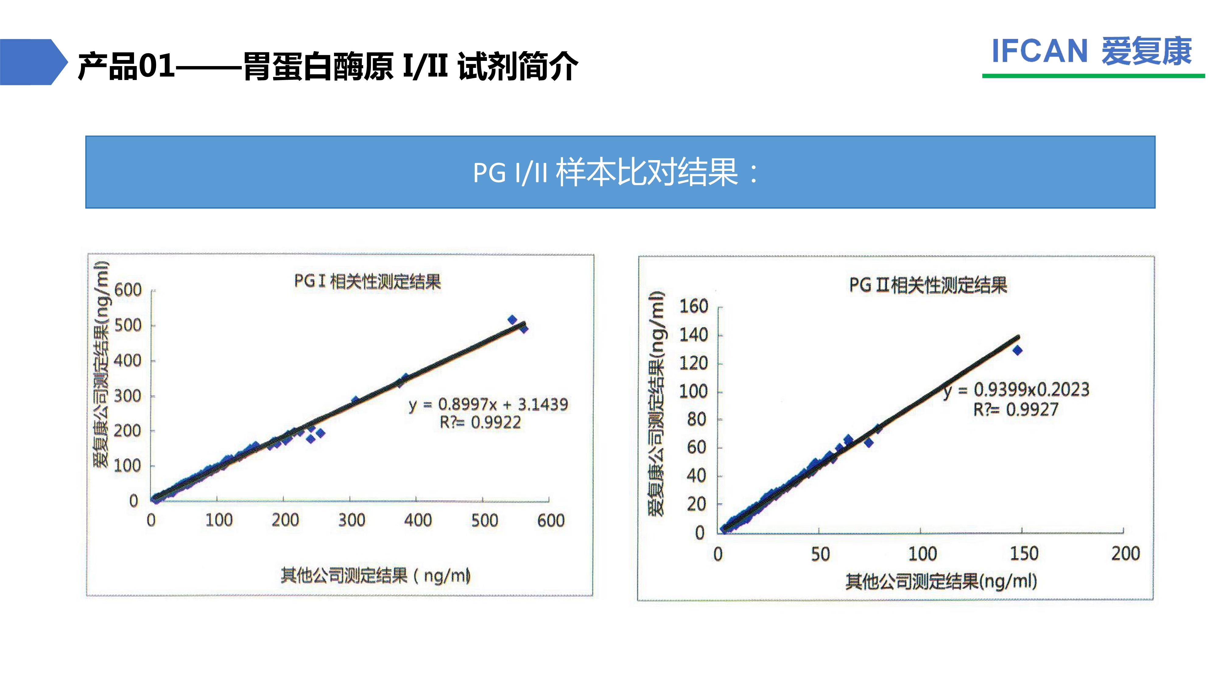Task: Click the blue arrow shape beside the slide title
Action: pyautogui.click(x=33, y=62)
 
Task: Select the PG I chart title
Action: pyautogui.click(x=368, y=281)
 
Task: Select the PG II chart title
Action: pyautogui.click(x=928, y=285)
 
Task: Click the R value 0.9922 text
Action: pyautogui.click(x=481, y=422)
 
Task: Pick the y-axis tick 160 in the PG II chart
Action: pyautogui.click(x=694, y=306)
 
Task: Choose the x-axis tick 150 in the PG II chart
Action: pyautogui.click(x=1024, y=553)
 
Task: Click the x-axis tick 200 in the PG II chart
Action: pyautogui.click(x=1125, y=553)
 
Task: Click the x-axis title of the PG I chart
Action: pyautogui.click(x=375, y=576)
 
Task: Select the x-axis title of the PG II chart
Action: pyautogui.click(x=941, y=581)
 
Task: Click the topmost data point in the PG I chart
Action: pyautogui.click(x=512, y=320)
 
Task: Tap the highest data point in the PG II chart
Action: pyautogui.click(x=1018, y=350)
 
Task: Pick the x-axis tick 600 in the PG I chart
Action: pyautogui.click(x=551, y=521)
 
